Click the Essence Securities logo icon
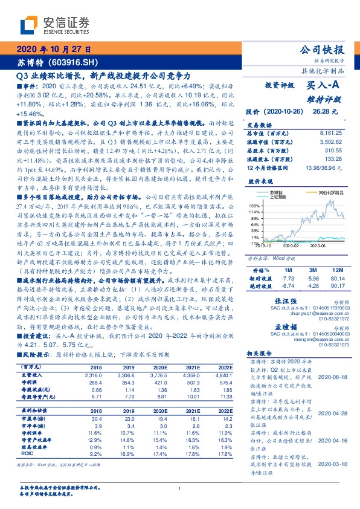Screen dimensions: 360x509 (28, 25)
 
